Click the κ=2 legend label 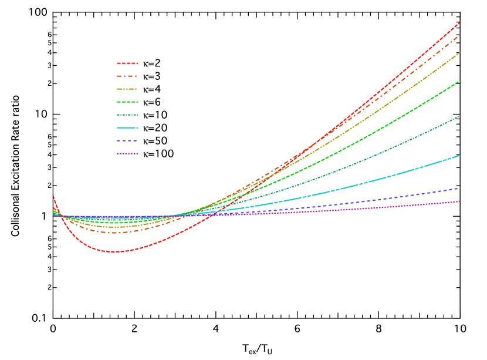152,63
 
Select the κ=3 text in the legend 152,76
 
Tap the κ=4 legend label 152,89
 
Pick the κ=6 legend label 152,102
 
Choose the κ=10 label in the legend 154,115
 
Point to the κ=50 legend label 154,141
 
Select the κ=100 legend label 157,154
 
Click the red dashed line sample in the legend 127,63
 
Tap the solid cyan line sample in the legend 127,128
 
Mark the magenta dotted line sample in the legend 127,154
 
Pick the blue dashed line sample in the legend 127,141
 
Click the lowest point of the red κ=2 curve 115,252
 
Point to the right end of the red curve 459,22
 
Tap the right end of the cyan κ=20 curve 459,156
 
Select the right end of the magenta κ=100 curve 459,201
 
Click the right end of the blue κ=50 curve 459,188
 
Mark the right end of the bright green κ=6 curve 459,80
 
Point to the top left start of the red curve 53,196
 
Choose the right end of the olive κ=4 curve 459,53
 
